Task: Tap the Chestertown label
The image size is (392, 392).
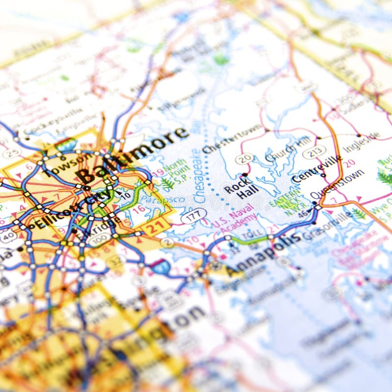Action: tap(232, 139)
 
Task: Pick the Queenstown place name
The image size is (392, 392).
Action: tap(338, 183)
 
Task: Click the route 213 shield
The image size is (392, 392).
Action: tap(314, 152)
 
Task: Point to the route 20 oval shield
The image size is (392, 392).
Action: tap(245, 158)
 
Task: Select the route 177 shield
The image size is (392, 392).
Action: tap(194, 216)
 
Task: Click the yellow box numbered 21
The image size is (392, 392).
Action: tap(161, 226)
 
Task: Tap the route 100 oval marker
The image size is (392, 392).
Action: tap(100, 240)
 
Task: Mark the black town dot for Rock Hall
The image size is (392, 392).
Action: tap(245, 175)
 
